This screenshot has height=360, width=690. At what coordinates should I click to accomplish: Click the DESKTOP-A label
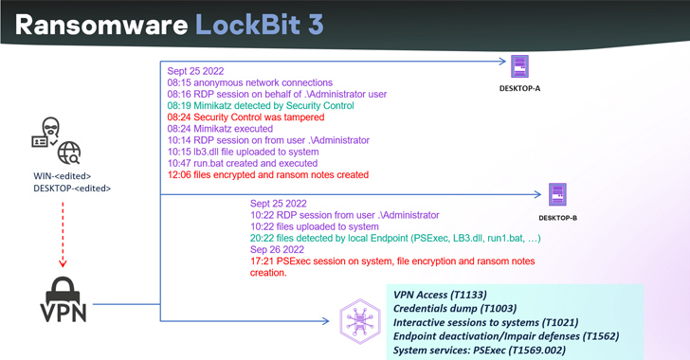tap(520, 91)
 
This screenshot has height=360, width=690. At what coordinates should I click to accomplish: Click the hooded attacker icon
tap(45, 134)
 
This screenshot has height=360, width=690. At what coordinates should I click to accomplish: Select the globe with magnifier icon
tap(68, 153)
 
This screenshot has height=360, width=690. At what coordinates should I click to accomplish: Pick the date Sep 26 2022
tap(279, 249)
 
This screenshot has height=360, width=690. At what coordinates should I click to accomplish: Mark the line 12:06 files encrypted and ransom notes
tap(267, 175)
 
